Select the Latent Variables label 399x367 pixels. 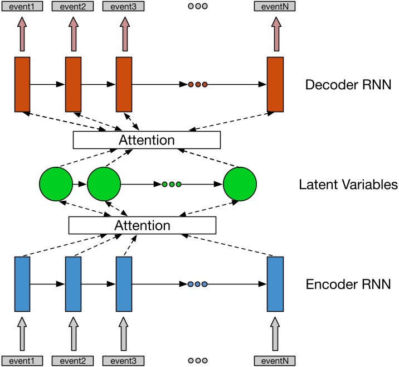pyautogui.click(x=348, y=185)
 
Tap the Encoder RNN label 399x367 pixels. pyautogui.click(x=348, y=284)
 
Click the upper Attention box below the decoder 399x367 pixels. pyautogui.click(x=147, y=140)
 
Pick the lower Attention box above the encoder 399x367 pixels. pyautogui.click(x=142, y=225)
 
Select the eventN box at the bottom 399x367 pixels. pyautogui.click(x=275, y=360)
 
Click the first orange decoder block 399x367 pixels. pyautogui.click(x=22, y=84)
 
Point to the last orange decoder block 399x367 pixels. pyautogui.click(x=275, y=84)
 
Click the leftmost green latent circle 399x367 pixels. pyautogui.click(x=56, y=184)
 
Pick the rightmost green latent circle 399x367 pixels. pyautogui.click(x=240, y=184)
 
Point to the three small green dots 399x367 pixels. pyautogui.click(x=171, y=184)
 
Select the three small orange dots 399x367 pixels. pyautogui.click(x=197, y=85)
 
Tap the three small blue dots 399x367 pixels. pyautogui.click(x=197, y=284)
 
